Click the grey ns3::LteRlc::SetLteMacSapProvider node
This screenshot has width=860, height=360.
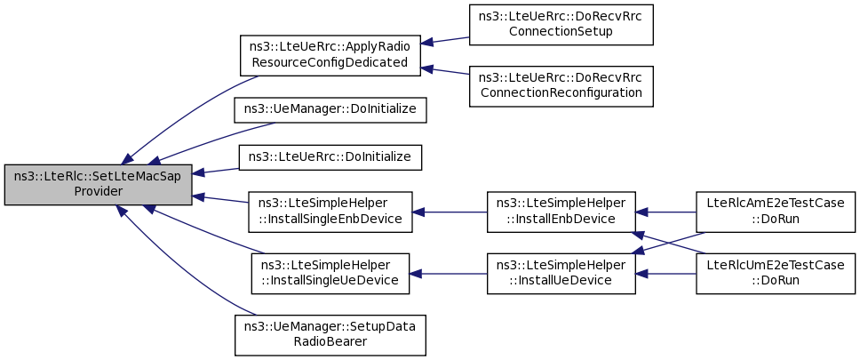(x=99, y=184)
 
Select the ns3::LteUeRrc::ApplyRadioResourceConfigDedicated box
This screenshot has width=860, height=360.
(x=330, y=55)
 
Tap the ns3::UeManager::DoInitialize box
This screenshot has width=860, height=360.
(x=330, y=110)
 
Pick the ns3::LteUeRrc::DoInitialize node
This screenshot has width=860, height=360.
(x=330, y=157)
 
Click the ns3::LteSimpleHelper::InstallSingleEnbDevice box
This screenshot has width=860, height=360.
(x=330, y=212)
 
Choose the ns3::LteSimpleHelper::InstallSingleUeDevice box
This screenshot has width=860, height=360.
(x=330, y=273)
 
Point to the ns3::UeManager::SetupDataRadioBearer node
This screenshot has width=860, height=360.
(x=330, y=335)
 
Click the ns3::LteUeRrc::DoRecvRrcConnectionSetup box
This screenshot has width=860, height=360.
(x=561, y=25)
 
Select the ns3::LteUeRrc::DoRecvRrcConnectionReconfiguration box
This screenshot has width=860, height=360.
(x=561, y=86)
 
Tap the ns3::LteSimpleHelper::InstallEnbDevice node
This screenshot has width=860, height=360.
(x=561, y=212)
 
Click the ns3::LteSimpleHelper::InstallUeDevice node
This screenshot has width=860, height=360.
(x=561, y=273)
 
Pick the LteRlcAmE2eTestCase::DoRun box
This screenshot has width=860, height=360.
(x=776, y=212)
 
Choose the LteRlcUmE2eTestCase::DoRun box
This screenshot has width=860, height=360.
(x=776, y=273)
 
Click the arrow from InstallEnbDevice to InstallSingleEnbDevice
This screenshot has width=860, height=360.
(x=450, y=212)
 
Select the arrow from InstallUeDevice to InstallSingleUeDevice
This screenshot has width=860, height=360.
(x=448, y=273)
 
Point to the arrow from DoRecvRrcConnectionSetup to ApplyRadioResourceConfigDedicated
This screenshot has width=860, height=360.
(x=445, y=40)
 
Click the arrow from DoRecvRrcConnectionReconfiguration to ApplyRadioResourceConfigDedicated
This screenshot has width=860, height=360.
(x=445, y=71)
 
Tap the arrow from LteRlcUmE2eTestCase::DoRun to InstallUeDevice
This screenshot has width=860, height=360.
(x=665, y=273)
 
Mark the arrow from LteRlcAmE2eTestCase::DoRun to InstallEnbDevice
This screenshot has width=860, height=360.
(x=665, y=212)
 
